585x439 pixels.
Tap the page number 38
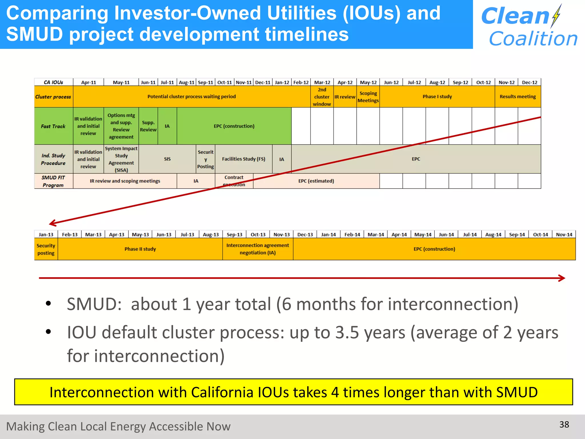pos(564,424)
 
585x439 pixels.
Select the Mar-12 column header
pos(322,82)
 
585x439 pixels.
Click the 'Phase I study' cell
pos(437,97)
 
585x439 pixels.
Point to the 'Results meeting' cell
pos(518,97)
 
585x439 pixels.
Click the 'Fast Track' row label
pos(53,126)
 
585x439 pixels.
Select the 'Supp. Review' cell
pos(148,126)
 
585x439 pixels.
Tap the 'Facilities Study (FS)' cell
pos(243,159)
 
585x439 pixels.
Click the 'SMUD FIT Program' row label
pos(53,181)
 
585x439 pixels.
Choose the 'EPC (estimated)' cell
pos(316,181)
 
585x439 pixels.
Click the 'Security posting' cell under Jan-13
pos(46,249)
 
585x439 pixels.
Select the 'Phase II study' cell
pos(140,249)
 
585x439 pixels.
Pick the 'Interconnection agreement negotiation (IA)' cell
pos(257,249)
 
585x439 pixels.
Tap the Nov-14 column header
pos(564,235)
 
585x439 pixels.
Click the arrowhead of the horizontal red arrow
pos(562,278)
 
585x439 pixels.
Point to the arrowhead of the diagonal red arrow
pos(52,223)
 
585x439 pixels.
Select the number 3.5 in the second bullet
pos(347,332)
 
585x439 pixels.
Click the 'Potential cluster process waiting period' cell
pos(191,97)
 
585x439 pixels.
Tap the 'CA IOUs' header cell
pos(53,82)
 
